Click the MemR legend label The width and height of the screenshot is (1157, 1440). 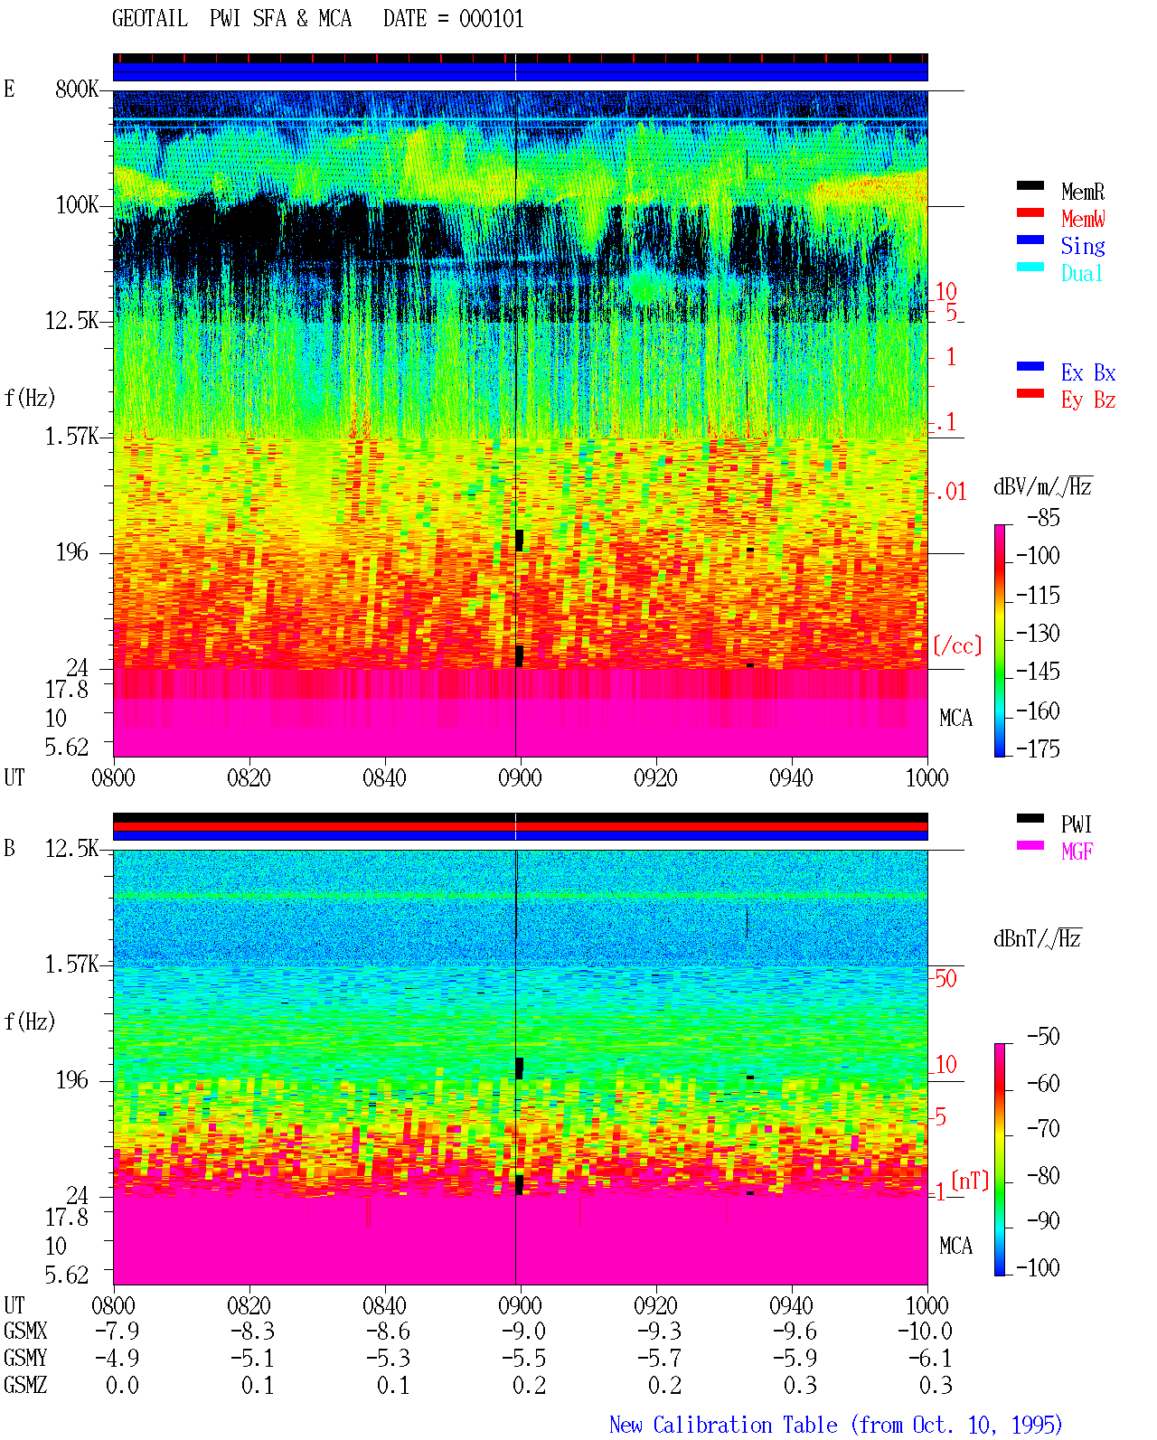tap(1082, 192)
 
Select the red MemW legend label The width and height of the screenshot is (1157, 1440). tap(1083, 219)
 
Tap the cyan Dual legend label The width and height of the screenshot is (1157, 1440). tap(1081, 273)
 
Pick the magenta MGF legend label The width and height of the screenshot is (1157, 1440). tap(1077, 852)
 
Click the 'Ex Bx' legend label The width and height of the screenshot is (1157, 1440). tap(1088, 372)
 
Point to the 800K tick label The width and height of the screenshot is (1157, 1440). tap(77, 89)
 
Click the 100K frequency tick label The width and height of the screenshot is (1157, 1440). tap(77, 205)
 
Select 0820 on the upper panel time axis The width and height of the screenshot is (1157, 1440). tap(249, 777)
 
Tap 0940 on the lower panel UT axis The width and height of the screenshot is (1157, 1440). tap(791, 1305)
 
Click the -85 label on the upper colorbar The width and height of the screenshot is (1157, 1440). tap(1043, 517)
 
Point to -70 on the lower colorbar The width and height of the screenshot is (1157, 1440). tap(1043, 1129)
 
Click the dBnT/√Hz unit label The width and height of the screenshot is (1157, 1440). tap(1037, 939)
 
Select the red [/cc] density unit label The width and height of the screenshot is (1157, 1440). tap(957, 645)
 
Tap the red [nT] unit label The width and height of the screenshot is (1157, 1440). tap(970, 1181)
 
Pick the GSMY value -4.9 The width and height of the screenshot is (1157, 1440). tap(118, 1358)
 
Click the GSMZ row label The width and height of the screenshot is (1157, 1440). tap(25, 1385)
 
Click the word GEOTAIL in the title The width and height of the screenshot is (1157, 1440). tap(150, 18)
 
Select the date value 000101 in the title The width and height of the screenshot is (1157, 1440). tap(491, 18)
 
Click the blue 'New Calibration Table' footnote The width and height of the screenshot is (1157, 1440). tap(723, 1425)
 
